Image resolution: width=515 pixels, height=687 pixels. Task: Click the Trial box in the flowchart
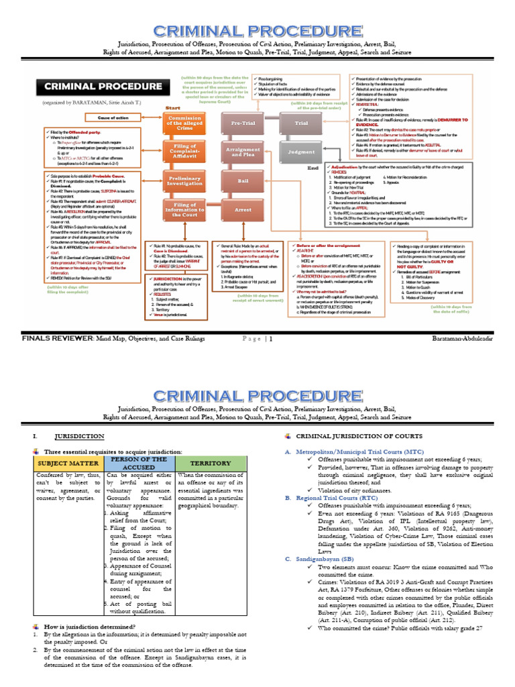[301, 124]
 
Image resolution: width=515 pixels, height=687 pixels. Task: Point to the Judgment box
[301, 152]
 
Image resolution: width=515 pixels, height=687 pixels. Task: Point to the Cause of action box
[113, 118]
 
